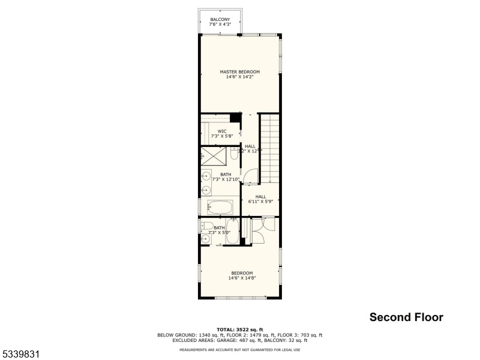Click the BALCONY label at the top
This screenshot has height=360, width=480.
tap(220, 22)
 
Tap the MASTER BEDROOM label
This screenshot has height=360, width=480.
tap(239, 74)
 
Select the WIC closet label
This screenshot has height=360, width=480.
tap(221, 133)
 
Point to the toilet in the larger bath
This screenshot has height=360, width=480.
tap(233, 154)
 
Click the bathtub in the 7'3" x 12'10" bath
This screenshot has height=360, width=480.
tap(220, 208)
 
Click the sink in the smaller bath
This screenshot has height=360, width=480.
tap(206, 239)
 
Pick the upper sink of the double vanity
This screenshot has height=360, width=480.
tap(205, 177)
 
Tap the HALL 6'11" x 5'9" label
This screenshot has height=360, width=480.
tap(260, 199)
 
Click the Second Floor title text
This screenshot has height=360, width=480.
tap(406, 317)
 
